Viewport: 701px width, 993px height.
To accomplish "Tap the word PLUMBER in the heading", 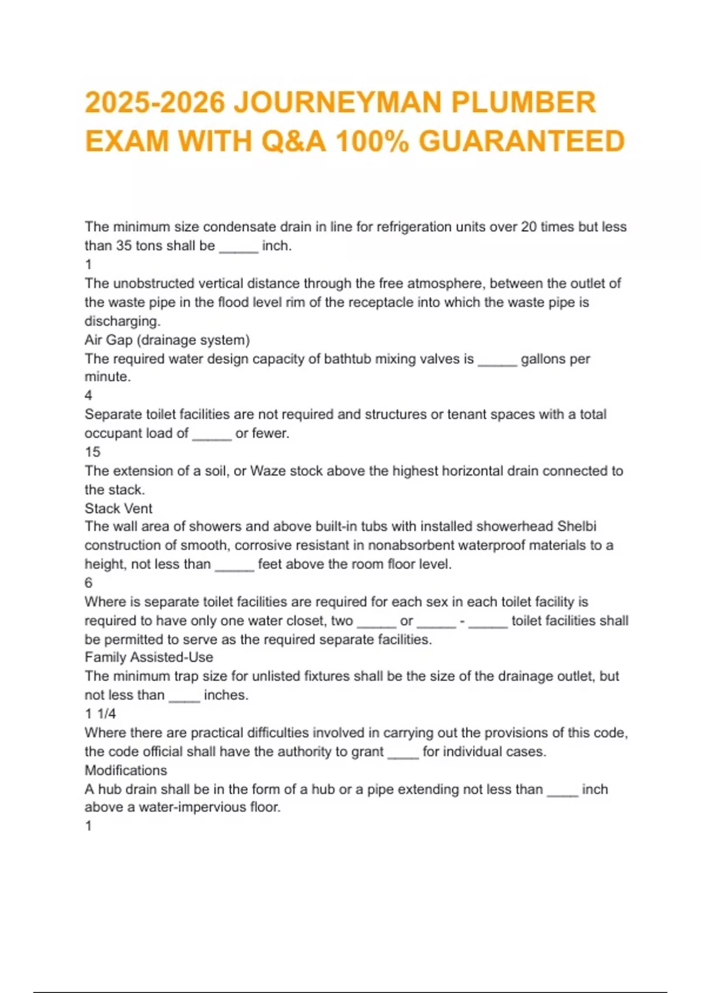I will (x=523, y=102).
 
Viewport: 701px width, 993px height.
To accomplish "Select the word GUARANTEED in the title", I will (x=522, y=141).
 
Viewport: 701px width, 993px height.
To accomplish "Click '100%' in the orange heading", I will (x=372, y=141).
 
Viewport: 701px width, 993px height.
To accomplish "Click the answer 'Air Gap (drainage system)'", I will (x=167, y=340).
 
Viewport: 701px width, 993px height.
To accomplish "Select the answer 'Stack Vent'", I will (x=119, y=508).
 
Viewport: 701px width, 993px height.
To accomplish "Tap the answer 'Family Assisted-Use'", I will (x=149, y=657).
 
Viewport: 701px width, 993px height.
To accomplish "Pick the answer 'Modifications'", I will (x=126, y=770).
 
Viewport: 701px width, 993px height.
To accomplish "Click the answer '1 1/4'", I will (x=100, y=713).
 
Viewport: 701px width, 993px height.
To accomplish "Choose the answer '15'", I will (x=92, y=452).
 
